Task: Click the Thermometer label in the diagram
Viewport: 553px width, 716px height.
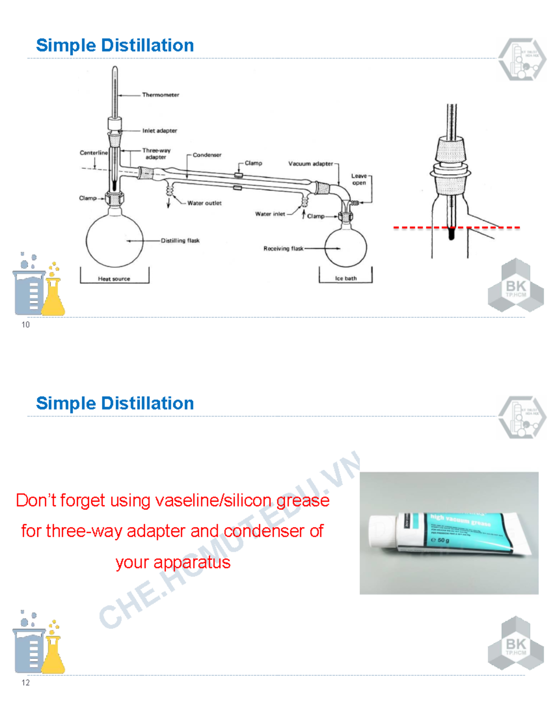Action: tap(160, 95)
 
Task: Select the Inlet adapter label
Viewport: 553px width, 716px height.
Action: tap(159, 131)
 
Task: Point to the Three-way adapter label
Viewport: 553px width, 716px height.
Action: tap(156, 154)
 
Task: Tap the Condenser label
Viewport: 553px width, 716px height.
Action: tap(207, 155)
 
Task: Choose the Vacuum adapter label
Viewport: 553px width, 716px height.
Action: tap(310, 164)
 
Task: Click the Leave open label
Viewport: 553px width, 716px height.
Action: tap(359, 179)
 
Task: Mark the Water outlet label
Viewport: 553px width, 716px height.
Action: tap(204, 203)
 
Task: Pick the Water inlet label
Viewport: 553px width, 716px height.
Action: tap(270, 214)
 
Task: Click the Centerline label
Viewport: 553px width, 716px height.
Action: tap(94, 153)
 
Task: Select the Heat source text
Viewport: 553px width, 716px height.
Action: tap(114, 279)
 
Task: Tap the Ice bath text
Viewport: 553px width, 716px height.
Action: tap(346, 278)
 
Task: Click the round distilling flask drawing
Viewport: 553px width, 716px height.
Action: tap(114, 237)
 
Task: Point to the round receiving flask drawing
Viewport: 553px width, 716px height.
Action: tap(346, 248)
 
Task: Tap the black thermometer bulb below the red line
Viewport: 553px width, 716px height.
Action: tap(452, 234)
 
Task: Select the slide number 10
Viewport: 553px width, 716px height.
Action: tap(25, 325)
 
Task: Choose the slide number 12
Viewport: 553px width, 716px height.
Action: tap(25, 683)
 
